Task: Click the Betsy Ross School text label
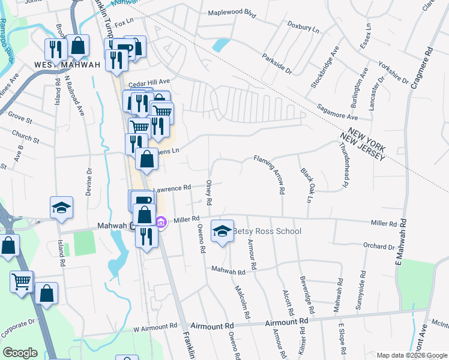pos(267,232)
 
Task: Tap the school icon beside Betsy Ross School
pos(222,231)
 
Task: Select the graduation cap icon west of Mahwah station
pos(61,208)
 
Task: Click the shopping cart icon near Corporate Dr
pos(22,281)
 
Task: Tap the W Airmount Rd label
pos(155,328)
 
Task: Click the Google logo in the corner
pos(20,353)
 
